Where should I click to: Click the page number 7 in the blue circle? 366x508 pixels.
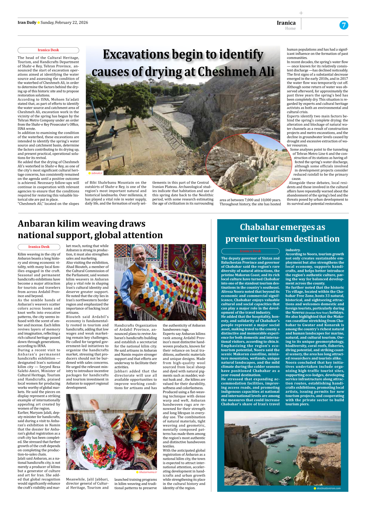[x=344, y=25]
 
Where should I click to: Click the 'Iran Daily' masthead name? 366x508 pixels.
[x=27, y=23]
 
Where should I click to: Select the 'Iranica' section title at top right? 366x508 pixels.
[x=286, y=23]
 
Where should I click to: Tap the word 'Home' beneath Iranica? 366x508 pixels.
[x=290, y=28]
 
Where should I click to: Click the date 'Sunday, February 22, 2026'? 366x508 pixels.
[x=64, y=23]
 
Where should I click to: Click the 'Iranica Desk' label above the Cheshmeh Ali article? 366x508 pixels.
[x=48, y=50]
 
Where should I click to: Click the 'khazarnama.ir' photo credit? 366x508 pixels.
[x=148, y=472]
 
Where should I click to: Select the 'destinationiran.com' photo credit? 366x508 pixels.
[x=328, y=488]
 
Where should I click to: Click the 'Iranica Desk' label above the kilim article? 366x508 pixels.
[x=39, y=247]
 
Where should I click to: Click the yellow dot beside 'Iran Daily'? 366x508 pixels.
[x=39, y=23]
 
